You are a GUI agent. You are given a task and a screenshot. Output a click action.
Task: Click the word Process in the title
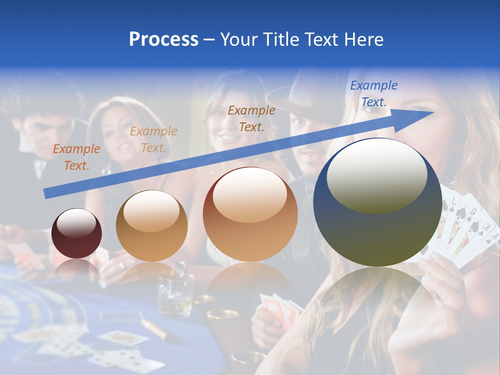pos(164,39)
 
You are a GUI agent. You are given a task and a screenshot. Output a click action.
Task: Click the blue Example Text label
pos(373,94)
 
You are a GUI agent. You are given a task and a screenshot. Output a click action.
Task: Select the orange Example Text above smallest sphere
pos(77,157)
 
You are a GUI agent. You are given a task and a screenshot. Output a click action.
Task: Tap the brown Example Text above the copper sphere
pos(252,118)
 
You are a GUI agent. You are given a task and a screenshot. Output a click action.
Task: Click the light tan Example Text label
pos(154,139)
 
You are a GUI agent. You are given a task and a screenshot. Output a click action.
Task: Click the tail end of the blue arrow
pos(47,194)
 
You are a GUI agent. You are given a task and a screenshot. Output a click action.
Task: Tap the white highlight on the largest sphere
pos(377,174)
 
